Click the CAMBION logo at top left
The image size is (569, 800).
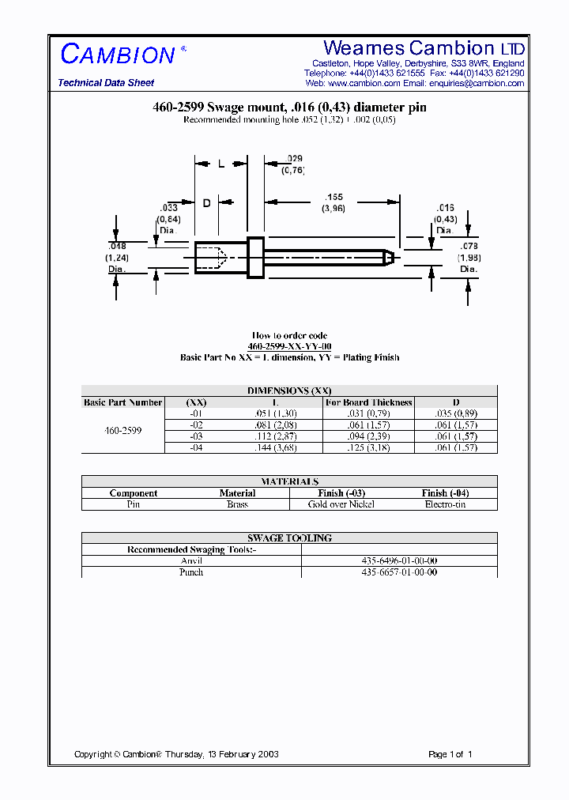click(118, 55)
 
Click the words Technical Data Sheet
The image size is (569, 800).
click(106, 83)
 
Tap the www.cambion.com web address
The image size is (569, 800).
click(364, 83)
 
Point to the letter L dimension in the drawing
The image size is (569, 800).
click(221, 164)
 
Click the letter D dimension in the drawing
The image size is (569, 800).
click(206, 203)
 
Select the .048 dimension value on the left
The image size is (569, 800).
click(117, 246)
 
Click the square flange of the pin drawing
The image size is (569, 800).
click(255, 257)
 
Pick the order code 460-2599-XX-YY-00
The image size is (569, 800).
click(289, 346)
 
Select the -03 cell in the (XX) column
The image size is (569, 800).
click(196, 436)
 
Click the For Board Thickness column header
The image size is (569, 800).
click(369, 402)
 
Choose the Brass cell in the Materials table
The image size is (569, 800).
click(237, 504)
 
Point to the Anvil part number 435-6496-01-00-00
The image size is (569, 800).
click(399, 560)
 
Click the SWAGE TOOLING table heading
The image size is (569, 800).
click(289, 538)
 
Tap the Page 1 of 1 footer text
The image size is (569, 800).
click(450, 754)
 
